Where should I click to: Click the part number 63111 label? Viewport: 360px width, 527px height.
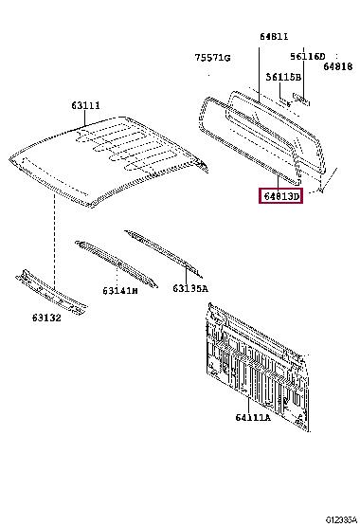85,106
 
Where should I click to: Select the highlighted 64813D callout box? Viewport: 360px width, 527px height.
280,196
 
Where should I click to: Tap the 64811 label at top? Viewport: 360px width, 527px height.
274,37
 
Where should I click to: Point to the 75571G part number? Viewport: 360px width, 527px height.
212,58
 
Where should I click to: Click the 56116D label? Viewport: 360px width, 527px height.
308,57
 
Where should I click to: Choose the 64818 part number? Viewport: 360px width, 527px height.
338,66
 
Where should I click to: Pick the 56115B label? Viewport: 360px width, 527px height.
283,78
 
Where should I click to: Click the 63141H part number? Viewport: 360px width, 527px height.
120,290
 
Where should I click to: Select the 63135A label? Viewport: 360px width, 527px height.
190,288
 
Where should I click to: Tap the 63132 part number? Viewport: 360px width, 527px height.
46,318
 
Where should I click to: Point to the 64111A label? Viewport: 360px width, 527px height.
253,417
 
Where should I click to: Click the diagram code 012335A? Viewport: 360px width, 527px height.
341,520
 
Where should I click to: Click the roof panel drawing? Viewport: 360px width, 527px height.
107,161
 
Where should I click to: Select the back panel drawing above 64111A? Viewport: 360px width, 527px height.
258,367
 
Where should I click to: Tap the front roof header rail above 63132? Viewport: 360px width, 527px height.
51,292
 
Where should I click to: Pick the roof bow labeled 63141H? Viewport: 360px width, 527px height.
117,263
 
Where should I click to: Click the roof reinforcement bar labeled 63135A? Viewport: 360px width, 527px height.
164,253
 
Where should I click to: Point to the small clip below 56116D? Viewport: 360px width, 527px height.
301,100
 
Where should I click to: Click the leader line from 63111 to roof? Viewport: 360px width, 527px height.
85,119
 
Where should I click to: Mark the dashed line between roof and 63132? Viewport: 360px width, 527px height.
54,241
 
